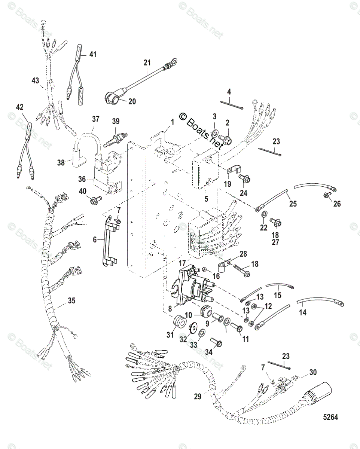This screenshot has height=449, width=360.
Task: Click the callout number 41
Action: coord(92,55)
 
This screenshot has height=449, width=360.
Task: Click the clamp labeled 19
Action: coord(233,171)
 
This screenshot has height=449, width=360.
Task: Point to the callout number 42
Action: coord(20,107)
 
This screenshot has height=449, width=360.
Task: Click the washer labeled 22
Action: coord(263,214)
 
